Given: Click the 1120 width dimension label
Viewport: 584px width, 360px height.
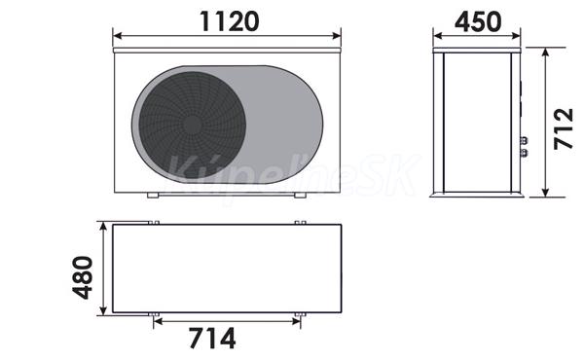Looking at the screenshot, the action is pos(230,21).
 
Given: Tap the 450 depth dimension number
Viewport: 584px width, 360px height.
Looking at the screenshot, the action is pos(478,21).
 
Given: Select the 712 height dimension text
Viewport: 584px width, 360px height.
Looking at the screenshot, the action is pos(564,128).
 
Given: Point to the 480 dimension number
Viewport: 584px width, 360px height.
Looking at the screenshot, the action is pos(83,277).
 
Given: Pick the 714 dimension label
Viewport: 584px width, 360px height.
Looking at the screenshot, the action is pos(212,338).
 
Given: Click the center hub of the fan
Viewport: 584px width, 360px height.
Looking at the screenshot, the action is pos(192,126).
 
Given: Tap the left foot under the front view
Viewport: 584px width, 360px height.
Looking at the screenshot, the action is pos(153,195).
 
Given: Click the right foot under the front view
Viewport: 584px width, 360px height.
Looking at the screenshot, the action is pos(300,195).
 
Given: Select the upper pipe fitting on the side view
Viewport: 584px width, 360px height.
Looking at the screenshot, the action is pos(524,141).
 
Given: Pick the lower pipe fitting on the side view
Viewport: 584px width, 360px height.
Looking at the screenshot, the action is pos(524,152).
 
